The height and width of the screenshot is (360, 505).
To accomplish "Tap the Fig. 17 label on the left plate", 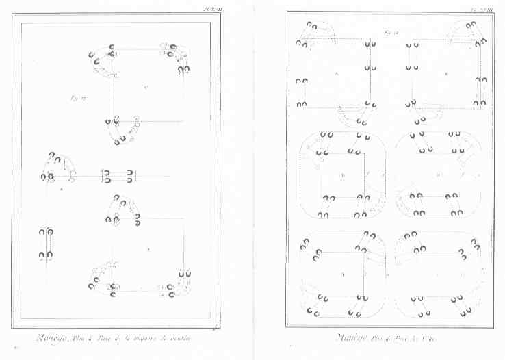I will coord(77,97).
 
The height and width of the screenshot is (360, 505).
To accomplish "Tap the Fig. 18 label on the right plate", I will coord(391,32).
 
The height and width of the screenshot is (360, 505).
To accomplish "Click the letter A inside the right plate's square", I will coord(336,73).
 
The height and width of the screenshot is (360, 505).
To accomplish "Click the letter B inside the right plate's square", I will coord(446,73).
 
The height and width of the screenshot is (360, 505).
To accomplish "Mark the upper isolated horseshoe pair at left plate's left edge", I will coord(47,233).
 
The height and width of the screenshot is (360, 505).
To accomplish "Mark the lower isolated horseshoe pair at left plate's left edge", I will coord(47,256).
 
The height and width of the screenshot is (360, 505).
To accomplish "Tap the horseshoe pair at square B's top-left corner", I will coord(410,45).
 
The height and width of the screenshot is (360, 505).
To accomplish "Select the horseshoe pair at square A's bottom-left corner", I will coord(302,105).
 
